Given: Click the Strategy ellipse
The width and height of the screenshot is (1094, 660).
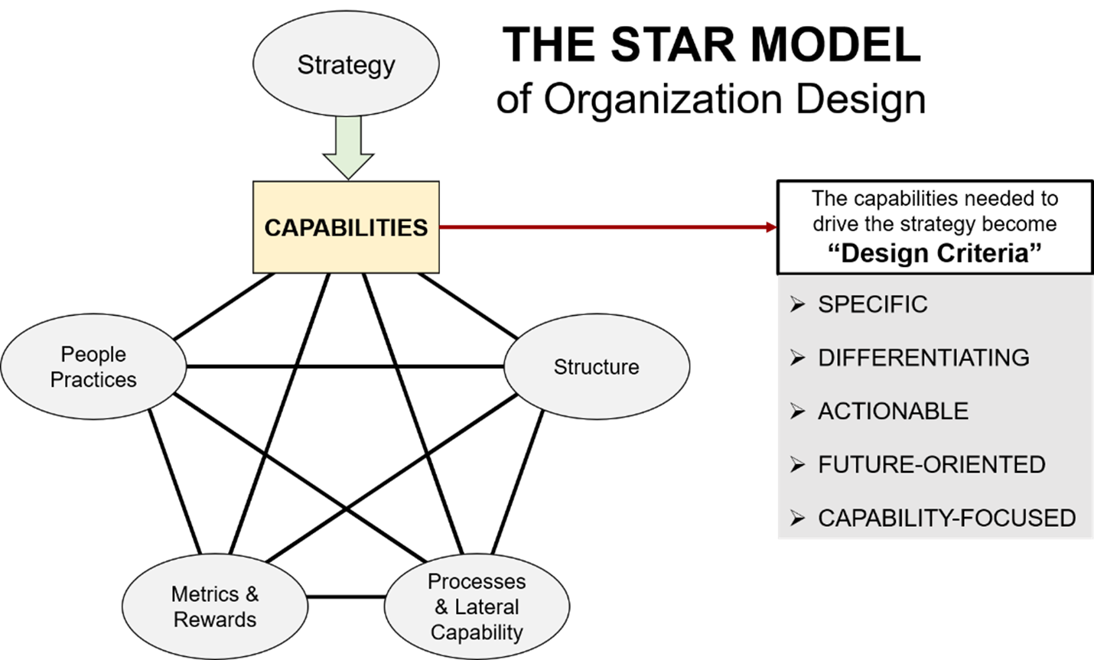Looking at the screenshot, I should pos(346,64).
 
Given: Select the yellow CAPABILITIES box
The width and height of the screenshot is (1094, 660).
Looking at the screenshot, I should pos(346,227).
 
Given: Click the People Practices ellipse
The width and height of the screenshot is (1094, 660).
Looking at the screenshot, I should pos(93,367).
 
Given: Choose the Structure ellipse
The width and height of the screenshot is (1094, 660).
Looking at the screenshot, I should pos(597,367).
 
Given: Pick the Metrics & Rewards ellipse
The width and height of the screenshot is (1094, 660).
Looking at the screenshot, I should pos(215,606).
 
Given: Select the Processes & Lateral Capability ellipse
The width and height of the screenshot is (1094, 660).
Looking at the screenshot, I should pos(477,606).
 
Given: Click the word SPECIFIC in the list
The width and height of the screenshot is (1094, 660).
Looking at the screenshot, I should pos(872,304).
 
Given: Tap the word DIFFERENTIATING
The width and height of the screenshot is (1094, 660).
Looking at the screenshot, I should pos(923,358).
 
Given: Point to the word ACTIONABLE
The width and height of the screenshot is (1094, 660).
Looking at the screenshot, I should pos(893,411).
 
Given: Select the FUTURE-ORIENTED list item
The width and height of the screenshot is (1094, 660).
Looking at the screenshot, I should pos(931,465).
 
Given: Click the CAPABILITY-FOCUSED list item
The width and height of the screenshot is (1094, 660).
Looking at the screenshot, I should pos(946,519).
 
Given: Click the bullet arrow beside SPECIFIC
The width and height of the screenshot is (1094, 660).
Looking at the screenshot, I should pos(798,304).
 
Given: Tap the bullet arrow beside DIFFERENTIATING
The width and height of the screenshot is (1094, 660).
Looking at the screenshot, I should pos(798,358).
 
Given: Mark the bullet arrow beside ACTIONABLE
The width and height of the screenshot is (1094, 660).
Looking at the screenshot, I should pos(798,411).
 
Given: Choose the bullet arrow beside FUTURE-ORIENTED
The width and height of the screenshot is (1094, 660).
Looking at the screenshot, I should pos(798,465).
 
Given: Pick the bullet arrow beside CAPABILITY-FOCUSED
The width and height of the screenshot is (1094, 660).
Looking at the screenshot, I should pos(798,519).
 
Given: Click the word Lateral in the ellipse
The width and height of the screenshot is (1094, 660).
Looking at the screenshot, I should pos(487,607).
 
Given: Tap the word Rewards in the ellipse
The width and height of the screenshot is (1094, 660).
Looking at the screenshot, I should pos(215,619).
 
